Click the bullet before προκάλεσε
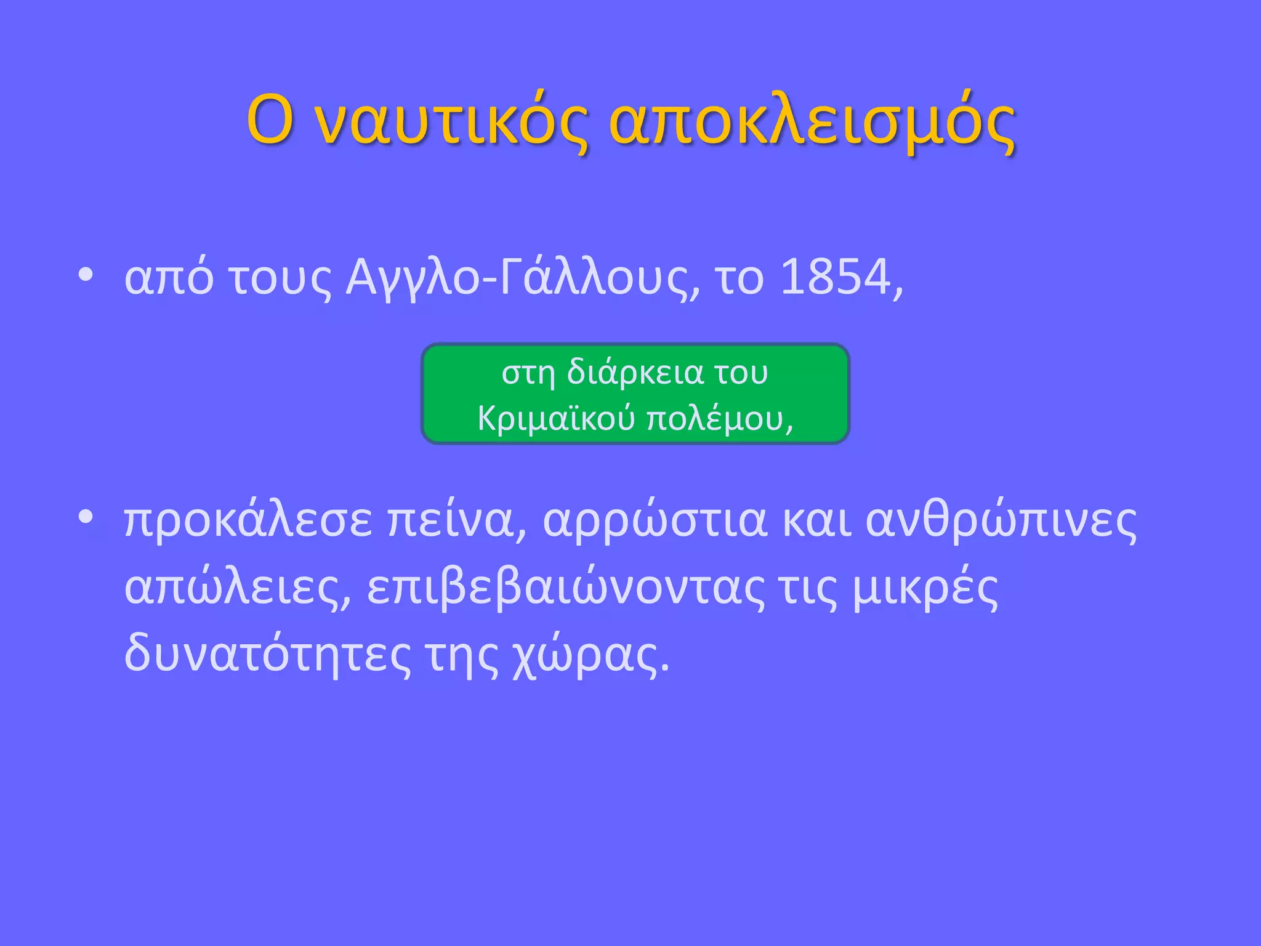click(x=86, y=518)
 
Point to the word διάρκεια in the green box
click(x=634, y=373)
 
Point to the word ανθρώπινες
click(x=1001, y=520)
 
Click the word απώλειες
click(x=237, y=588)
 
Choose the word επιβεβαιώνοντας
click(x=566, y=588)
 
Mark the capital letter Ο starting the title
click(x=269, y=121)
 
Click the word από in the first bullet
click(x=169, y=278)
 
